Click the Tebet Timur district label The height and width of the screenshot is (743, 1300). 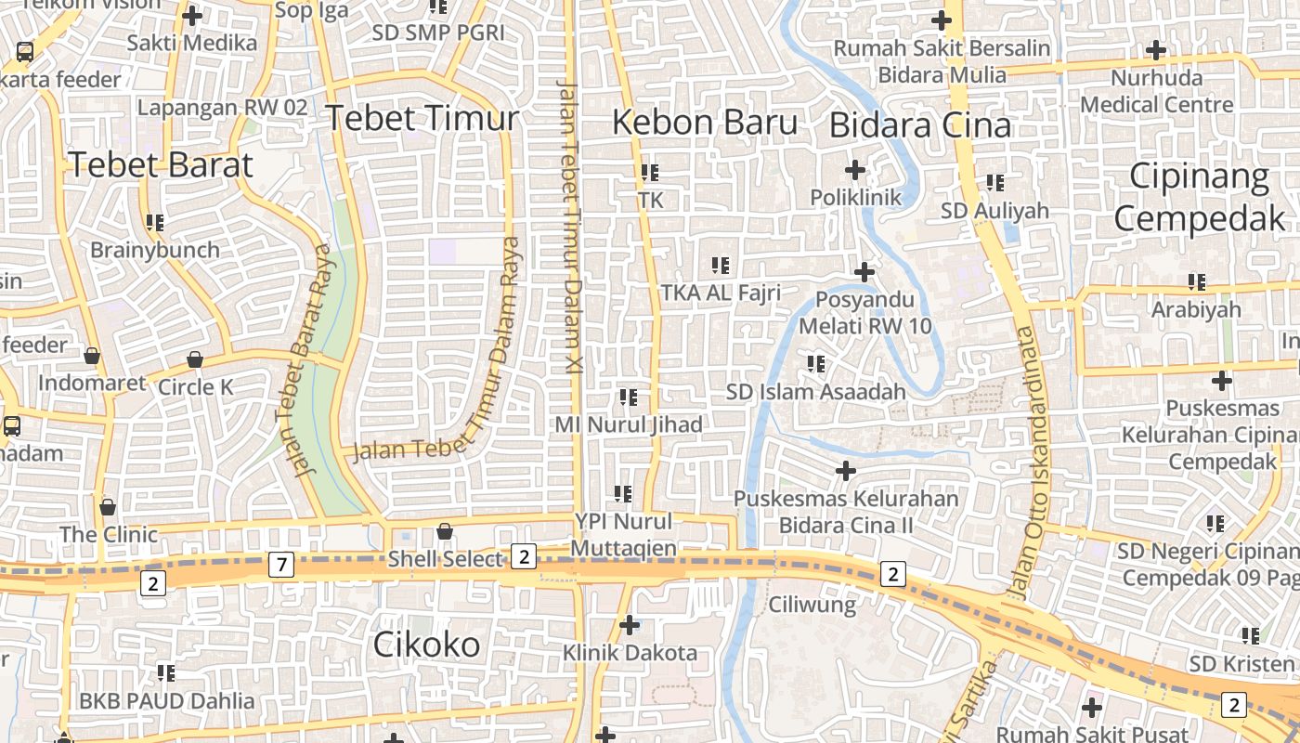click(422, 119)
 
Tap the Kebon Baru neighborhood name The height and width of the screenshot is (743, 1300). click(705, 123)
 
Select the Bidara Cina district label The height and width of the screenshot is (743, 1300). click(919, 125)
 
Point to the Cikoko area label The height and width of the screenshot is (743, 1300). click(426, 645)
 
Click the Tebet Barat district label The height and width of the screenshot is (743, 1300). click(161, 165)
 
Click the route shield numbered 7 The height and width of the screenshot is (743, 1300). click(281, 564)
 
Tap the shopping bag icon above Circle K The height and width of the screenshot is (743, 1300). click(195, 359)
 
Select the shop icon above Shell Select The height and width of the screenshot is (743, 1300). click(445, 531)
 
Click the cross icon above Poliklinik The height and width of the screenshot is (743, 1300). click(855, 170)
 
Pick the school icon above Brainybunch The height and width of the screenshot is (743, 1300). click(154, 223)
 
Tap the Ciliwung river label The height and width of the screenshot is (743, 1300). click(812, 606)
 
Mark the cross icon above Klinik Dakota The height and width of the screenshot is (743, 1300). click(630, 625)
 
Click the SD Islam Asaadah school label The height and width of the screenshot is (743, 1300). click(815, 392)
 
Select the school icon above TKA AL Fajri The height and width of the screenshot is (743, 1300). click(721, 266)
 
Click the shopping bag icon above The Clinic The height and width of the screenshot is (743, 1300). click(108, 507)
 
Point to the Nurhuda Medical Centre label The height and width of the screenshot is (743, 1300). click(1156, 91)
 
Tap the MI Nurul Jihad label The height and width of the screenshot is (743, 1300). click(629, 424)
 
